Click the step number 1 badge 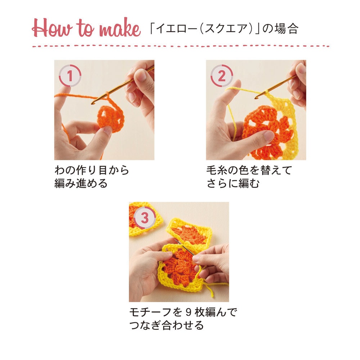(70, 76)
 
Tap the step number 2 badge (221, 76)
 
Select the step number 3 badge (145, 217)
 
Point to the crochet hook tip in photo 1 (92, 103)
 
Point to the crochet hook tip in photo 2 (256, 98)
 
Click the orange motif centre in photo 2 (268, 132)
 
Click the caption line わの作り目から (91, 170)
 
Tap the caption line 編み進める (81, 184)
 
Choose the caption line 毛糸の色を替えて (249, 170)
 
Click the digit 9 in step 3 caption (188, 312)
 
